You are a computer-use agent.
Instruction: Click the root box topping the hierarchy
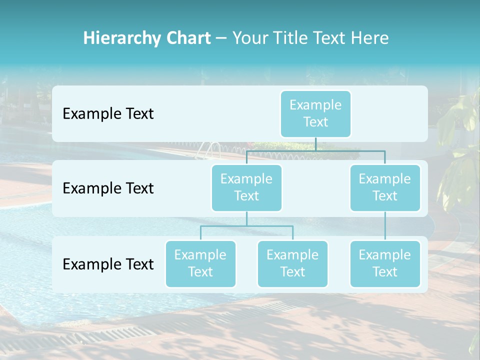tap(315, 113)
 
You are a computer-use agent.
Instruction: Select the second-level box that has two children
tap(246, 187)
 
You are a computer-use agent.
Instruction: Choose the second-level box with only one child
tap(385, 187)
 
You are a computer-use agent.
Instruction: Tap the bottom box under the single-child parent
tap(385, 263)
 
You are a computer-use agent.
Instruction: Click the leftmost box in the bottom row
tap(200, 263)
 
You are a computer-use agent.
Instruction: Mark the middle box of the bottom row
tap(292, 263)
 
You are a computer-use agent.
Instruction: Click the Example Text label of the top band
tap(108, 114)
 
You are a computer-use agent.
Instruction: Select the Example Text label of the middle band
tap(108, 188)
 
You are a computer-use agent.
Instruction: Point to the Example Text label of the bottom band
tap(108, 264)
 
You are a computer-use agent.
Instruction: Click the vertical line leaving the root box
tap(315, 143)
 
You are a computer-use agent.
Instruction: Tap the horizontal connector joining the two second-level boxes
tap(315, 150)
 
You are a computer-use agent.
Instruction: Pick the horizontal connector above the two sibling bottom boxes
tap(246, 226)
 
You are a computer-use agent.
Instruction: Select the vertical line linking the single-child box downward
tap(385, 226)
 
